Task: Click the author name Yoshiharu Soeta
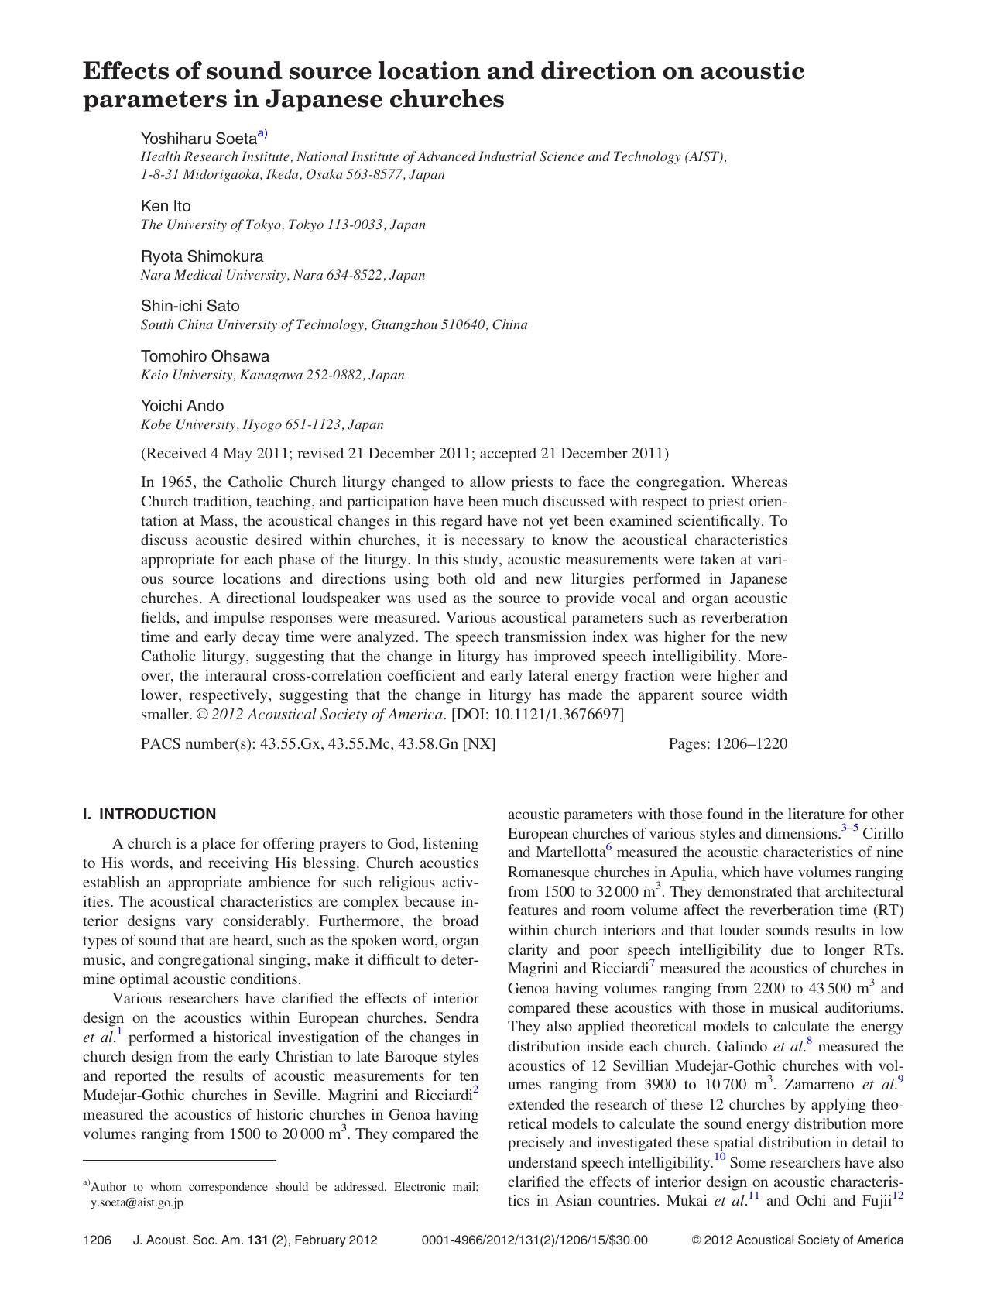[198, 139]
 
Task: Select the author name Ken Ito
[166, 206]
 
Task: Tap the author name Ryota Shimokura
[202, 256]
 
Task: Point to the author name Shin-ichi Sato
[190, 306]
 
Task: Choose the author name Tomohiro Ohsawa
[205, 356]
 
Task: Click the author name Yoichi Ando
[182, 406]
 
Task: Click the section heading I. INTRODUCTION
[149, 815]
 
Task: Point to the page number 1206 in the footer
[97, 1240]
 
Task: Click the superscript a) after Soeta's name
[262, 133]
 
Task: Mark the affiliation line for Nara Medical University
[283, 275]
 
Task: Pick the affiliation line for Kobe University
[262, 424]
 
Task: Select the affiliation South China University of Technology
[334, 324]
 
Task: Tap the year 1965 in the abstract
[176, 482]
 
